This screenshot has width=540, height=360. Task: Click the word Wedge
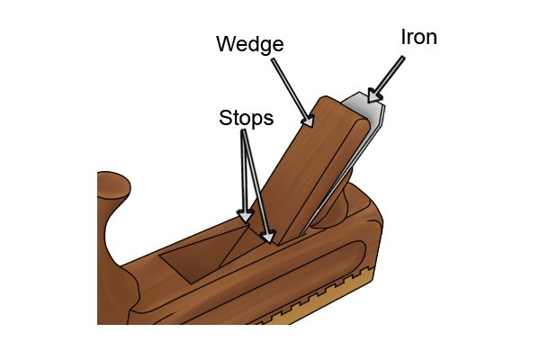pyautogui.click(x=250, y=44)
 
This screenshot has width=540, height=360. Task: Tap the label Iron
pyautogui.click(x=418, y=37)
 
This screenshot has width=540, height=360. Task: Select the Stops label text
pyautogui.click(x=247, y=118)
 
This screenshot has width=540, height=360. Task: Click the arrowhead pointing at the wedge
pyautogui.click(x=308, y=121)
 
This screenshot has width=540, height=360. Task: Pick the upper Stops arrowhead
pyautogui.click(x=245, y=216)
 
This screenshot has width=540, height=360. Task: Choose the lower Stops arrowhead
pyautogui.click(x=268, y=237)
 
